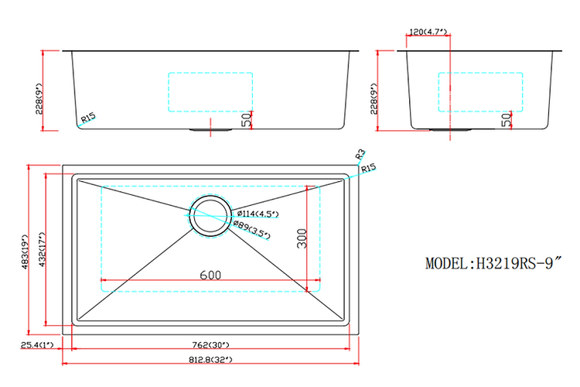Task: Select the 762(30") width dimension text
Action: (210, 344)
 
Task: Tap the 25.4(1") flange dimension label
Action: (37, 344)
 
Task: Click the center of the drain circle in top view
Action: (210, 215)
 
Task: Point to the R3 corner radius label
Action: (360, 154)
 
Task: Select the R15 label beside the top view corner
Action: (368, 168)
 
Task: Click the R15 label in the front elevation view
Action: (87, 118)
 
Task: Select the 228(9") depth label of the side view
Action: (374, 91)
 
